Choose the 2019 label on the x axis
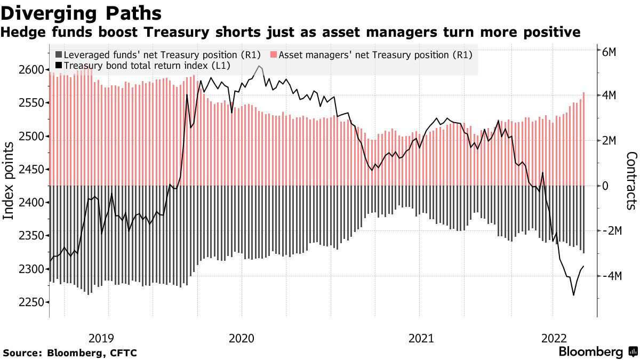click(x=101, y=338)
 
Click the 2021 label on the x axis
click(x=421, y=338)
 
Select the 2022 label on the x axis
click(x=554, y=338)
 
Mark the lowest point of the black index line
click(x=573, y=295)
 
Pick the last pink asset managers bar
click(x=584, y=139)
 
